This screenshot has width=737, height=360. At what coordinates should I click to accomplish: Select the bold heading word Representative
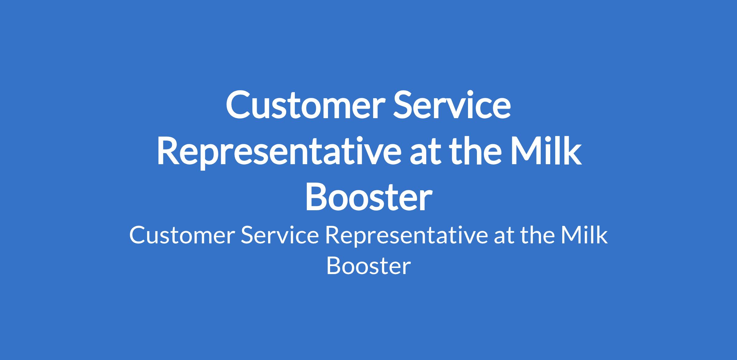tap(275, 152)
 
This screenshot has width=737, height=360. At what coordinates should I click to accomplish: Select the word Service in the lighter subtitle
tap(280, 235)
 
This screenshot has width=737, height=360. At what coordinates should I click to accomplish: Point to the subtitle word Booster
tap(368, 265)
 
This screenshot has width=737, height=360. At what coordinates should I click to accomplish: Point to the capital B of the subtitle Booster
tap(334, 265)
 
